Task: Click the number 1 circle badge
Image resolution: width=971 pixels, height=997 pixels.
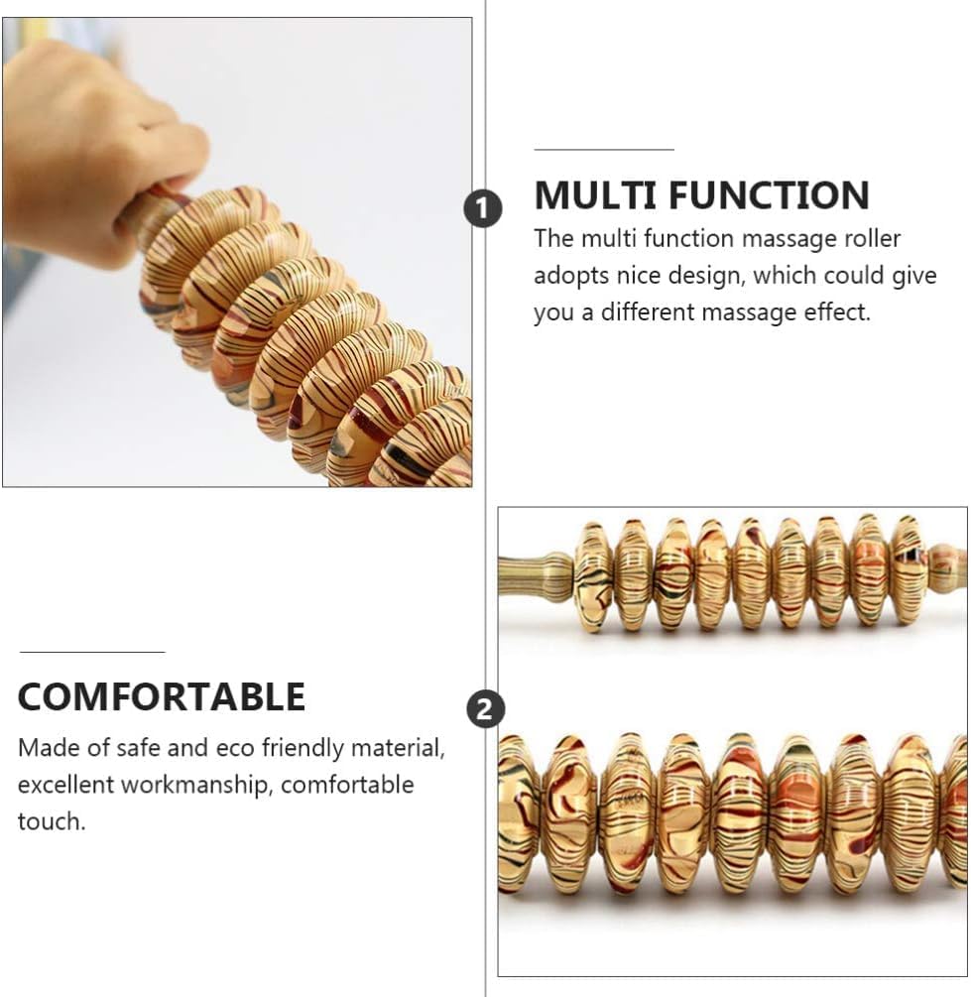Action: coord(483,208)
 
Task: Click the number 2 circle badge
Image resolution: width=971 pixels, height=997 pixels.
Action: coord(485,708)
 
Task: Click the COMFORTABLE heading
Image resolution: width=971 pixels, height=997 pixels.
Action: coord(162,697)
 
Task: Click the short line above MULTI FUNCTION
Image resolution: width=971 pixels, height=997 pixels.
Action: coord(604,150)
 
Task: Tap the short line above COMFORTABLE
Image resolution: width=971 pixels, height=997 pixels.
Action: coord(92,652)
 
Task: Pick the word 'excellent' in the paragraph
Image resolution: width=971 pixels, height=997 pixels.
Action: coord(65,785)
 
